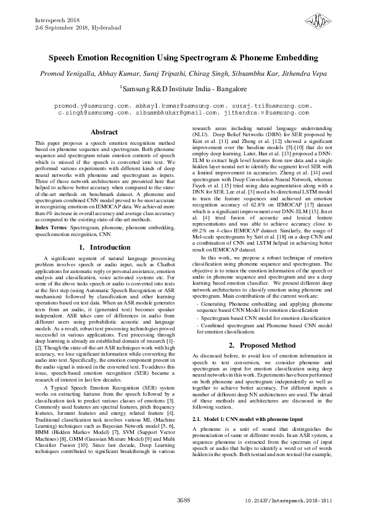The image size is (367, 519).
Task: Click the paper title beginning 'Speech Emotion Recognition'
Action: point(183,59)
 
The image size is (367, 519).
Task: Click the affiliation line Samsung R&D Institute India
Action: point(183,89)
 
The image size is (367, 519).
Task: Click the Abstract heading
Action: point(104,133)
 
